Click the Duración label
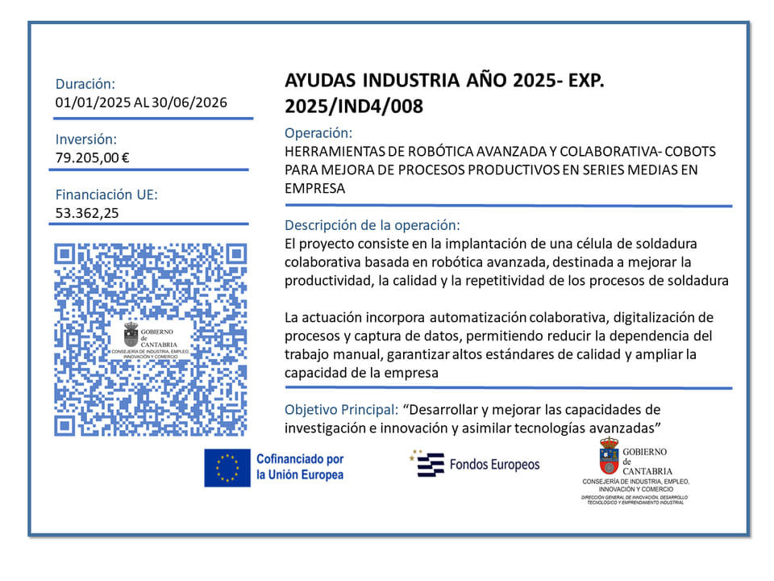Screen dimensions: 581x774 point(85,83)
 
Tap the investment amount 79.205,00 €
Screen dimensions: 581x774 point(93,157)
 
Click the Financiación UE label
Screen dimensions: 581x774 point(106,194)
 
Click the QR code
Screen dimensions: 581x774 point(150,339)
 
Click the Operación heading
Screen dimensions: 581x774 point(318,133)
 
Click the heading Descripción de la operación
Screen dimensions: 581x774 point(372,225)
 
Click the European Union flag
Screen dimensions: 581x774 point(227,467)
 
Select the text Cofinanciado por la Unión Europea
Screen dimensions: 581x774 point(299,467)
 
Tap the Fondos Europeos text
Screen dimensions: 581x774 point(494,464)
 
